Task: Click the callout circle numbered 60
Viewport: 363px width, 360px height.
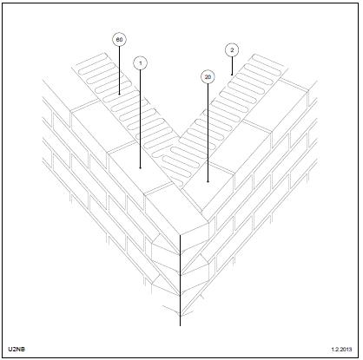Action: pos(119,40)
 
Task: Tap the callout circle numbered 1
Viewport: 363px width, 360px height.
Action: pos(141,63)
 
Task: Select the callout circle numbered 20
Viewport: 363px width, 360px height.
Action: pos(208,77)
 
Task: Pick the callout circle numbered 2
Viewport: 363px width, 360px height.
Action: pos(232,50)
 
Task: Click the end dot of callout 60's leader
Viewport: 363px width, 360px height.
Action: pos(119,94)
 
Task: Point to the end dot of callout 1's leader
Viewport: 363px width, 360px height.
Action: pos(141,167)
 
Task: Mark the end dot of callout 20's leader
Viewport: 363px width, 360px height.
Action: pos(208,181)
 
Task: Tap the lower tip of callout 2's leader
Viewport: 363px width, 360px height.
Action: pos(232,75)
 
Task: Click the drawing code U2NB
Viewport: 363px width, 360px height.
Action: pos(16,349)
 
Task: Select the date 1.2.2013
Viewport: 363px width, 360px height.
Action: pos(341,350)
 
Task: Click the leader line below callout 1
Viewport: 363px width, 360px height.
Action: pos(141,119)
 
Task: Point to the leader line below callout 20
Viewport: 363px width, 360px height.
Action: pos(208,133)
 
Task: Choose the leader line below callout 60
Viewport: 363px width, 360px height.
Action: pos(119,70)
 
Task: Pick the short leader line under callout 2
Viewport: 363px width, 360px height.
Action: pos(232,66)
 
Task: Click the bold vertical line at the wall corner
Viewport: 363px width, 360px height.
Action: pos(180,280)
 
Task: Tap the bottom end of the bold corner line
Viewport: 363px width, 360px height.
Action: pos(180,326)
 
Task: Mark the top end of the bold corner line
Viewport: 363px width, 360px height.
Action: pos(180,235)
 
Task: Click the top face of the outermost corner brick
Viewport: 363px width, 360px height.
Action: pos(177,209)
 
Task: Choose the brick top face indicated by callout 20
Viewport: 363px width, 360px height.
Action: pos(208,181)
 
